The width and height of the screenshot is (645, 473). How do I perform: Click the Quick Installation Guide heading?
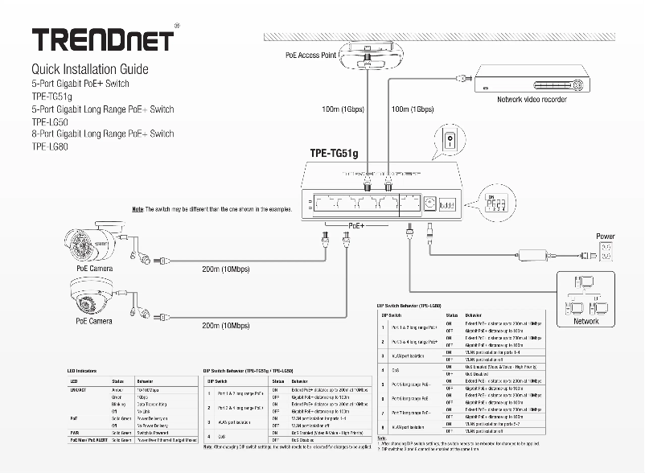(x=89, y=69)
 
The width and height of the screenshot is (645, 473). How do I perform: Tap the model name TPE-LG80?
(x=50, y=146)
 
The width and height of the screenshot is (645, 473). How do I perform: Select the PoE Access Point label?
(x=310, y=56)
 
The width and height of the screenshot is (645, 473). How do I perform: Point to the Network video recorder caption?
(x=532, y=100)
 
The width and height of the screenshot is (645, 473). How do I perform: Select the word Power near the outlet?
(x=606, y=236)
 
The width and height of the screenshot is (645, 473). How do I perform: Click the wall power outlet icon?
(x=606, y=252)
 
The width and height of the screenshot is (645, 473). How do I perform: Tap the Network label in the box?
(x=585, y=321)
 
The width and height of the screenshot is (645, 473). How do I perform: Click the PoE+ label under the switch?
(x=355, y=226)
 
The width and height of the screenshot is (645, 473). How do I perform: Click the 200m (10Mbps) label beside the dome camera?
(x=225, y=326)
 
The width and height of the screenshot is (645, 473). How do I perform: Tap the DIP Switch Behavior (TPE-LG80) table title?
(x=409, y=306)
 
